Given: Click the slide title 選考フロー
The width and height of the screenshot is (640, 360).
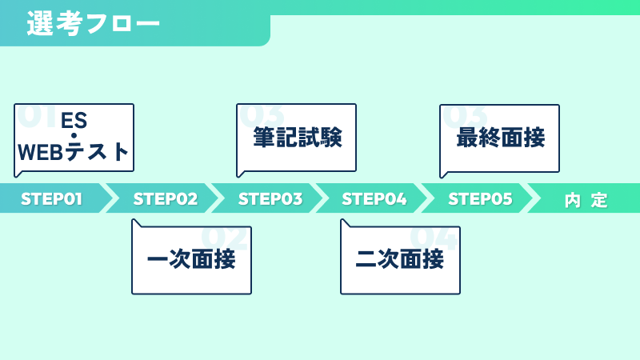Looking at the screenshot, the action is pyautogui.click(x=94, y=23).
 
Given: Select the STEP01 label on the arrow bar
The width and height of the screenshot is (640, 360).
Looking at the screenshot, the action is pyautogui.click(x=51, y=199).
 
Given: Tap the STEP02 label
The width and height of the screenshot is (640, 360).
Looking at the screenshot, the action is pyautogui.click(x=166, y=199).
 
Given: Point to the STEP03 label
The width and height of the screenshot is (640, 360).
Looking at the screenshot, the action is pyautogui.click(x=270, y=199).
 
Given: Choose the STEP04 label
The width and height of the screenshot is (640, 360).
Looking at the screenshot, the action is pyautogui.click(x=374, y=199).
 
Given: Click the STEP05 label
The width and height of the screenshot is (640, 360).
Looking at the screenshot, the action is pyautogui.click(x=480, y=199).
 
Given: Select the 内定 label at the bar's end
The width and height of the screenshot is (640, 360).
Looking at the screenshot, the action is pyautogui.click(x=586, y=201).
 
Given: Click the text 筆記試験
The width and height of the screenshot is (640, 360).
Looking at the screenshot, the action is pyautogui.click(x=298, y=137).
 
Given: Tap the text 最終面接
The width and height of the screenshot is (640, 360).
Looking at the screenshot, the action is pyautogui.click(x=501, y=137).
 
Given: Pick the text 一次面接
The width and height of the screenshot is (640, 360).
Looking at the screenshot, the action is pyautogui.click(x=191, y=259).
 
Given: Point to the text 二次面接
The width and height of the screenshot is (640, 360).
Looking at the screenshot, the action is pyautogui.click(x=399, y=259).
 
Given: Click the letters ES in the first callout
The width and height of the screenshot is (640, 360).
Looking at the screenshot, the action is pyautogui.click(x=74, y=121).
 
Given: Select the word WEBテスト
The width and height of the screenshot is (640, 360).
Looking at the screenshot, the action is pyautogui.click(x=74, y=152).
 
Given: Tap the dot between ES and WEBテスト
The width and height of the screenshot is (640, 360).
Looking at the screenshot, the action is pyautogui.click(x=74, y=136).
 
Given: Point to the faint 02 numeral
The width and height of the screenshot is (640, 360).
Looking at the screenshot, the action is pyautogui.click(x=224, y=238).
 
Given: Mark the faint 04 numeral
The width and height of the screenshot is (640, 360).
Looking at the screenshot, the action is pyautogui.click(x=433, y=238).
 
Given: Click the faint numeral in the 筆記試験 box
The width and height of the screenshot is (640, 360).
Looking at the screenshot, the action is pyautogui.click(x=262, y=115).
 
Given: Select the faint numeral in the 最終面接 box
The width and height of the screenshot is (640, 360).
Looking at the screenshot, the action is pyautogui.click(x=465, y=116).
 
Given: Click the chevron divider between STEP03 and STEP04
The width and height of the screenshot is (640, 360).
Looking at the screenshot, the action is pyautogui.click(x=322, y=198).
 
